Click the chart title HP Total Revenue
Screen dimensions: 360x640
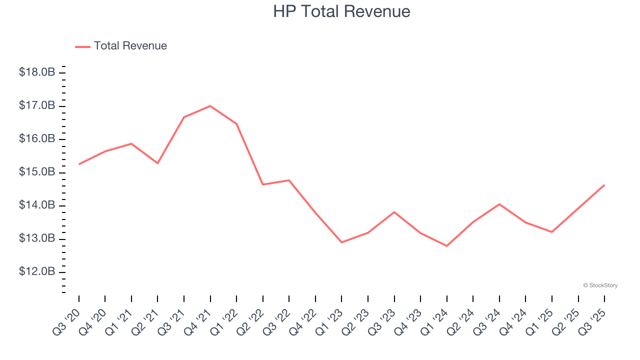pyautogui.click(x=341, y=11)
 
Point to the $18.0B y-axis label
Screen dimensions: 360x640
pyautogui.click(x=37, y=72)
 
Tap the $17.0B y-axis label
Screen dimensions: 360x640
pyautogui.click(x=37, y=105)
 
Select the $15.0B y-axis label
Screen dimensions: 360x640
pyautogui.click(x=37, y=172)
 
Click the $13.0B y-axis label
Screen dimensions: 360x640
pyautogui.click(x=37, y=238)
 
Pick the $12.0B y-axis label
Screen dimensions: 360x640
pyautogui.click(x=37, y=271)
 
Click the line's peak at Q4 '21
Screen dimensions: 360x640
pyautogui.click(x=210, y=106)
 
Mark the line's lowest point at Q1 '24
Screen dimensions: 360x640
pyautogui.click(x=446, y=246)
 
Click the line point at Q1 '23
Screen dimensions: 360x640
pyautogui.click(x=341, y=242)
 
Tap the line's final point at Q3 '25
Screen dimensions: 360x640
pyautogui.click(x=604, y=185)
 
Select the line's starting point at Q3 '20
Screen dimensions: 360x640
pyautogui.click(x=79, y=164)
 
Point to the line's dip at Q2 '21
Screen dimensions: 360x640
pyautogui.click(x=157, y=163)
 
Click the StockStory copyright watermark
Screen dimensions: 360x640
pyautogui.click(x=600, y=285)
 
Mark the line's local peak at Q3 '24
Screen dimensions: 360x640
pyautogui.click(x=499, y=204)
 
